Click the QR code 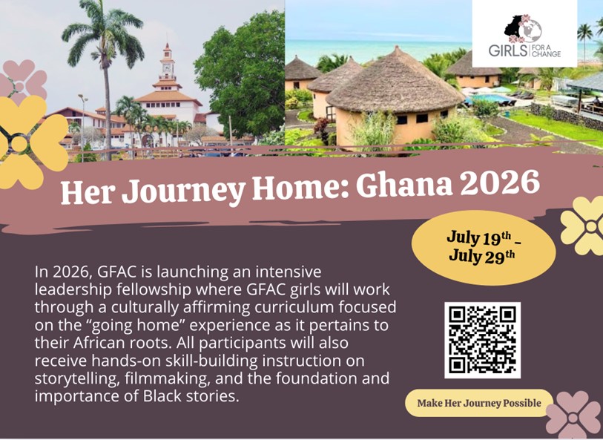(x=482, y=340)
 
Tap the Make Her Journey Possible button (x=478, y=403)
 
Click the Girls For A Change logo (x=524, y=34)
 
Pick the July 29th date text (x=481, y=257)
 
